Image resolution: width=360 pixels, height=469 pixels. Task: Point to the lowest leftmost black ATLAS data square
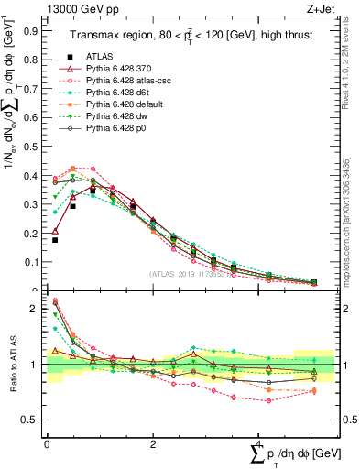point(55,240)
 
